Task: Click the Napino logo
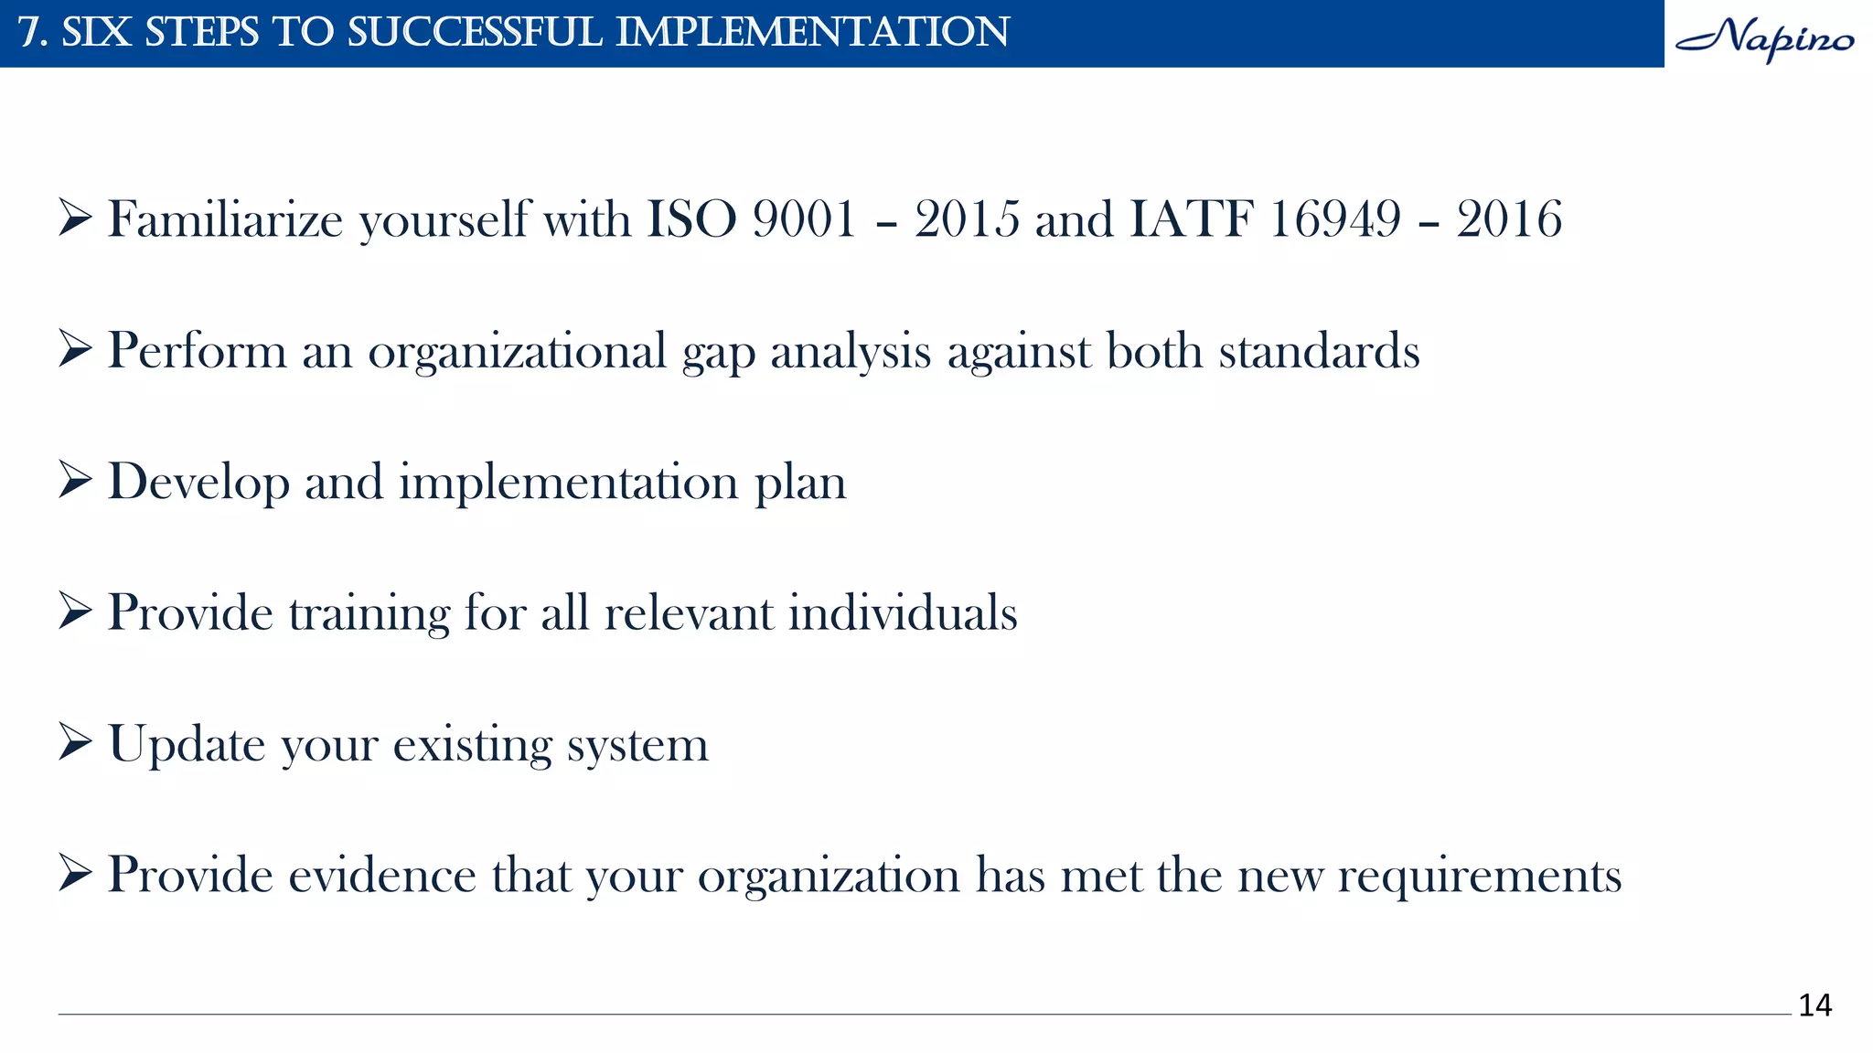pyautogui.click(x=1765, y=38)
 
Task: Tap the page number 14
pyautogui.click(x=1814, y=1005)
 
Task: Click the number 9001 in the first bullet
pyautogui.click(x=804, y=219)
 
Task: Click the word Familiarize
pyautogui.click(x=225, y=219)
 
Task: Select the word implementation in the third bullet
pyautogui.click(x=568, y=483)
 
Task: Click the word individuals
pyautogui.click(x=903, y=612)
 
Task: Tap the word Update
pyautogui.click(x=187, y=745)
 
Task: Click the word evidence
pyautogui.click(x=383, y=875)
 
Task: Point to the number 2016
pyautogui.click(x=1509, y=219)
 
